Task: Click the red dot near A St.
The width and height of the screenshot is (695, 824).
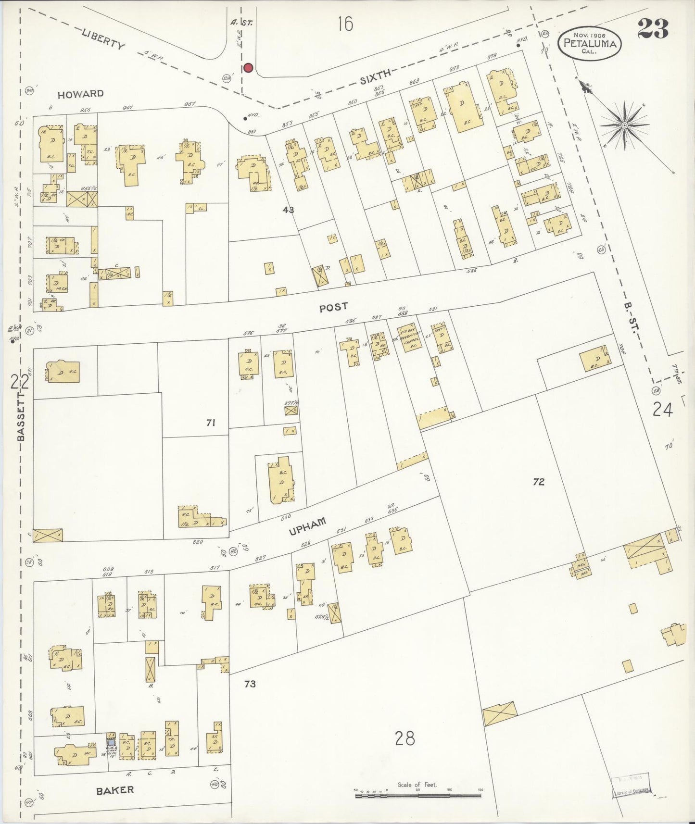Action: pyautogui.click(x=248, y=68)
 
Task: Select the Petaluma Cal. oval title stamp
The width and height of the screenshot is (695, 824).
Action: pyautogui.click(x=590, y=43)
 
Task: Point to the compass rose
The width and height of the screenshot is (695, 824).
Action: pyautogui.click(x=624, y=125)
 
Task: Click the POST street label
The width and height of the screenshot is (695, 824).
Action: pyautogui.click(x=333, y=307)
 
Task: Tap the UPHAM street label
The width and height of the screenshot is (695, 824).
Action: pyautogui.click(x=308, y=526)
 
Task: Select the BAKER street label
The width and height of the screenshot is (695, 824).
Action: pyautogui.click(x=114, y=790)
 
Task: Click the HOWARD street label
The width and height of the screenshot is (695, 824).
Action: pyautogui.click(x=80, y=94)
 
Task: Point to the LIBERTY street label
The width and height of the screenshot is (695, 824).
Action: pyautogui.click(x=103, y=39)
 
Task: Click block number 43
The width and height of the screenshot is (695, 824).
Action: pyautogui.click(x=289, y=210)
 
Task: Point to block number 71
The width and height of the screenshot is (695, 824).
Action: pyautogui.click(x=210, y=423)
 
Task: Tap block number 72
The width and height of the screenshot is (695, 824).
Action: pyautogui.click(x=538, y=482)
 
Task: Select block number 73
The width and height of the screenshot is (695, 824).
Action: pyautogui.click(x=250, y=684)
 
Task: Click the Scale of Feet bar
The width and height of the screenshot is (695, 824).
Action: pyautogui.click(x=418, y=796)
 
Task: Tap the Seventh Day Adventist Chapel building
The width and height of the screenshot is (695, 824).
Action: pyautogui.click(x=409, y=337)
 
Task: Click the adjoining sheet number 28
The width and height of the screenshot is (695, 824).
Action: pyautogui.click(x=404, y=738)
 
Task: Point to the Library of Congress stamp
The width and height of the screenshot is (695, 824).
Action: pyautogui.click(x=631, y=786)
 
